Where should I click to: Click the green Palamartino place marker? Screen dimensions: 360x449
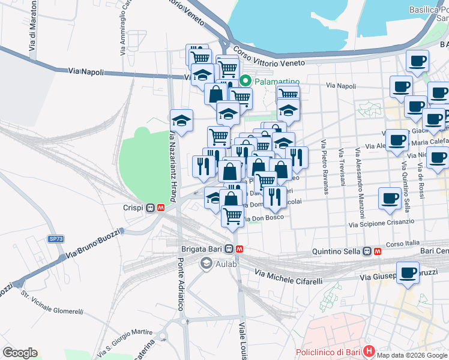pyautogui.click(x=245, y=80)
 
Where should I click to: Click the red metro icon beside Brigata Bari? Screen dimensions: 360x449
pyautogui.click(x=240, y=249)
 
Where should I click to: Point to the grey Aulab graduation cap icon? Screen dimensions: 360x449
pyautogui.click(x=206, y=263)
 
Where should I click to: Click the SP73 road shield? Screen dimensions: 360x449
pyautogui.click(x=56, y=239)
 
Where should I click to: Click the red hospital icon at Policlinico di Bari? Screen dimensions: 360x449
pyautogui.click(x=369, y=351)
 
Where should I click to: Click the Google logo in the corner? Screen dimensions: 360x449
pyautogui.click(x=20, y=353)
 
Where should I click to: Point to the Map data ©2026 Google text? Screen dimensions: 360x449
pyautogui.click(x=412, y=355)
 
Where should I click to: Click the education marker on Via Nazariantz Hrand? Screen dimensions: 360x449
pyautogui.click(x=182, y=120)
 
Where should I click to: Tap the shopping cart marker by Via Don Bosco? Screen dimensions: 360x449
pyautogui.click(x=232, y=215)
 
